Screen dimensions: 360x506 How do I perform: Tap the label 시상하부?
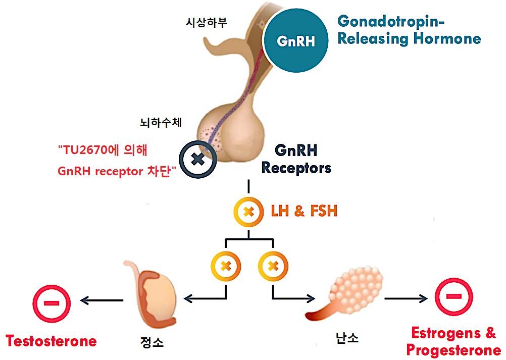(206, 23)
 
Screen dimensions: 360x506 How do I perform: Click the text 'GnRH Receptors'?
(296, 159)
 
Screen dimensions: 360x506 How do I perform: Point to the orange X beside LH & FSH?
(248, 211)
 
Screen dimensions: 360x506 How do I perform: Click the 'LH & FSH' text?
(303, 211)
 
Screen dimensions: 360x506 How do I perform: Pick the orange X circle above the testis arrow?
(226, 265)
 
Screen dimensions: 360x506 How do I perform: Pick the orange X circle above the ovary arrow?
(273, 265)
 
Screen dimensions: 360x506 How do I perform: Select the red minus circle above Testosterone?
(51, 303)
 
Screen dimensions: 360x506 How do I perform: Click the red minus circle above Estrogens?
(453, 296)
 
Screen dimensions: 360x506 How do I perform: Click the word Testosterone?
(51, 341)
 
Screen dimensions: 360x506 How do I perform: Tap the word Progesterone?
(453, 349)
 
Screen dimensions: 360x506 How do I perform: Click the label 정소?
(151, 343)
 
